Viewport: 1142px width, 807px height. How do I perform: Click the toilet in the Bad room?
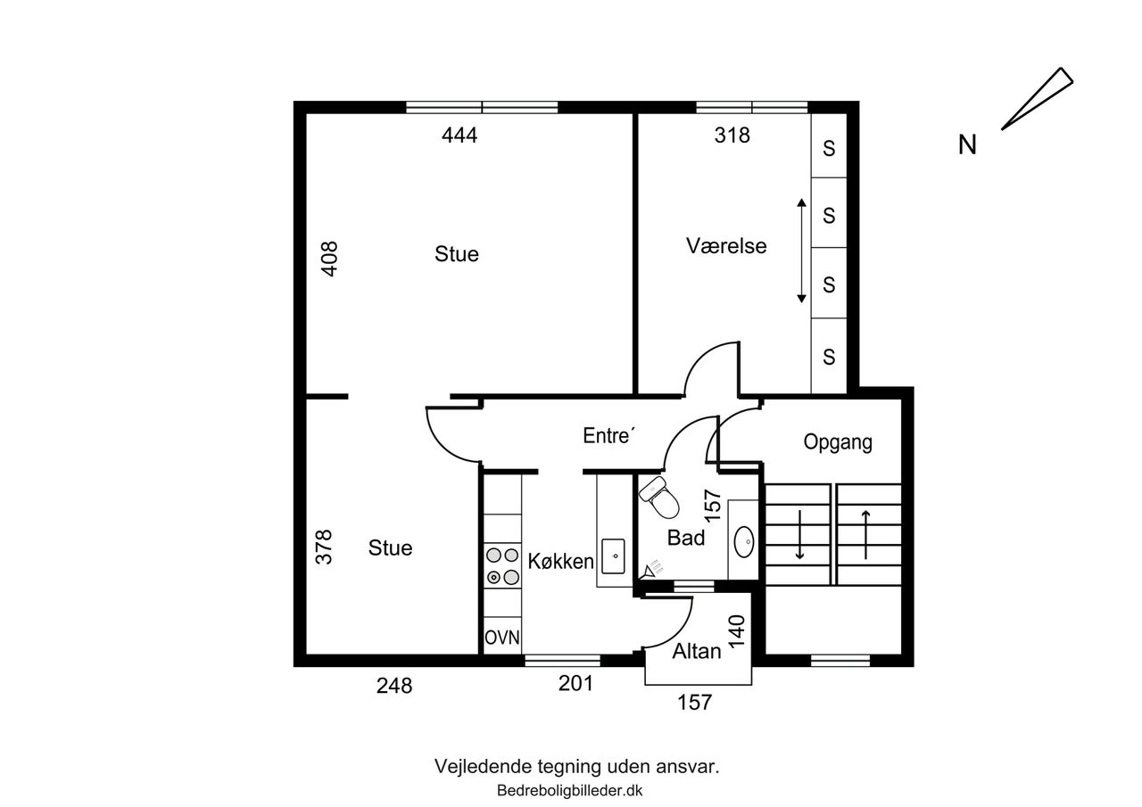pos(659,497)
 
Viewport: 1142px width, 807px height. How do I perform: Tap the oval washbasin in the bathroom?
pos(744,541)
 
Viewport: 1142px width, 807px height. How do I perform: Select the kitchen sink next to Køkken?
pos(613,556)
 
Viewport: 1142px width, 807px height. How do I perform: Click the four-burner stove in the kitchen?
pos(502,566)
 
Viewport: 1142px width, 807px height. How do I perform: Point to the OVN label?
pos(502,638)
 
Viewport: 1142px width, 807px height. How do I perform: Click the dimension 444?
pos(459,135)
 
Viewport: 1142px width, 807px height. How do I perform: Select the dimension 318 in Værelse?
pos(732,135)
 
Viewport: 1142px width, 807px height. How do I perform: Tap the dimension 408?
pos(329,259)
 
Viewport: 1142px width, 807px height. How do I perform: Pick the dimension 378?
pos(324,548)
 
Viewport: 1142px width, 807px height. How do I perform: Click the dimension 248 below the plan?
pos(394,686)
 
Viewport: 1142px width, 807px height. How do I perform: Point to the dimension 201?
pos(575,683)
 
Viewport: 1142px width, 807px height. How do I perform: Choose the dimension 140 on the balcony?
pos(737,631)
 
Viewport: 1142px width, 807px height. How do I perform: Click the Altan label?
pos(697,651)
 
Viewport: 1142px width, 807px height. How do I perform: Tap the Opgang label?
pos(838,442)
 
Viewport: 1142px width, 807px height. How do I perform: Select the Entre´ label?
pos(609,435)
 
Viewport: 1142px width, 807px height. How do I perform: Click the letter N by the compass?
pos(967,144)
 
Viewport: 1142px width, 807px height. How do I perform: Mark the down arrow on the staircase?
pos(799,534)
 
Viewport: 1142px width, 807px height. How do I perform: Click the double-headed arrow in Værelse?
pos(801,251)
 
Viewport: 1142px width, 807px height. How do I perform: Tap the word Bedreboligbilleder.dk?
pos(569,790)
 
